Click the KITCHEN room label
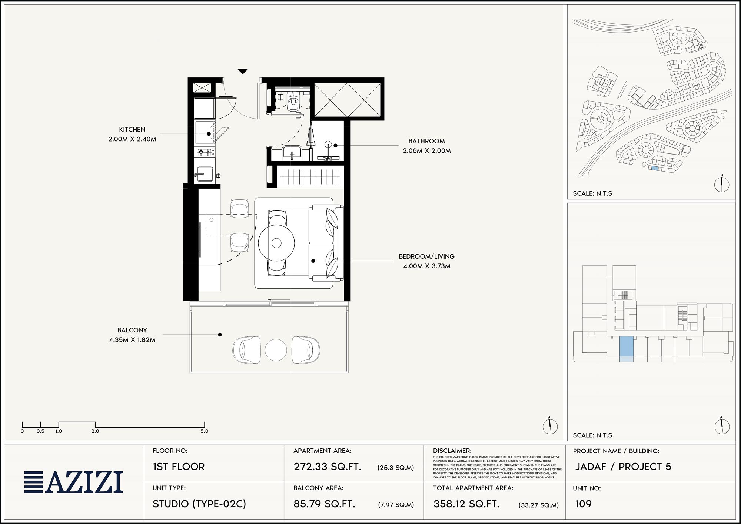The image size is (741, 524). point(132,129)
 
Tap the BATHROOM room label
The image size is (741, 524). point(426,141)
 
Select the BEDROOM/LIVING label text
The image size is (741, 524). point(426,256)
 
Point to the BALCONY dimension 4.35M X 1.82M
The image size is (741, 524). point(132,340)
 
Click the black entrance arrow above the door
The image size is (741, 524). point(243,71)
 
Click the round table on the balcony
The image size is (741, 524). point(276,350)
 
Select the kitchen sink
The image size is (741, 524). point(205,174)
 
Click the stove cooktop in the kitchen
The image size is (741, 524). point(205,152)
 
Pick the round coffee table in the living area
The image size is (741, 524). point(276,243)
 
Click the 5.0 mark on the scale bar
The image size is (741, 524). point(205,431)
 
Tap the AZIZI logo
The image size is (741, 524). point(73,482)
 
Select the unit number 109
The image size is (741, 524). point(584,504)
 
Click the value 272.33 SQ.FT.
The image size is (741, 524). point(328,467)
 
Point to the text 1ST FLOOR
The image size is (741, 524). point(179,467)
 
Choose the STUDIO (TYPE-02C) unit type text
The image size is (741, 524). point(199,504)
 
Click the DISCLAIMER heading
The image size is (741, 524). point(452,451)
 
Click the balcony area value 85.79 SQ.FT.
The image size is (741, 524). point(325,504)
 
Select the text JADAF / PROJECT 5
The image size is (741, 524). point(623,467)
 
